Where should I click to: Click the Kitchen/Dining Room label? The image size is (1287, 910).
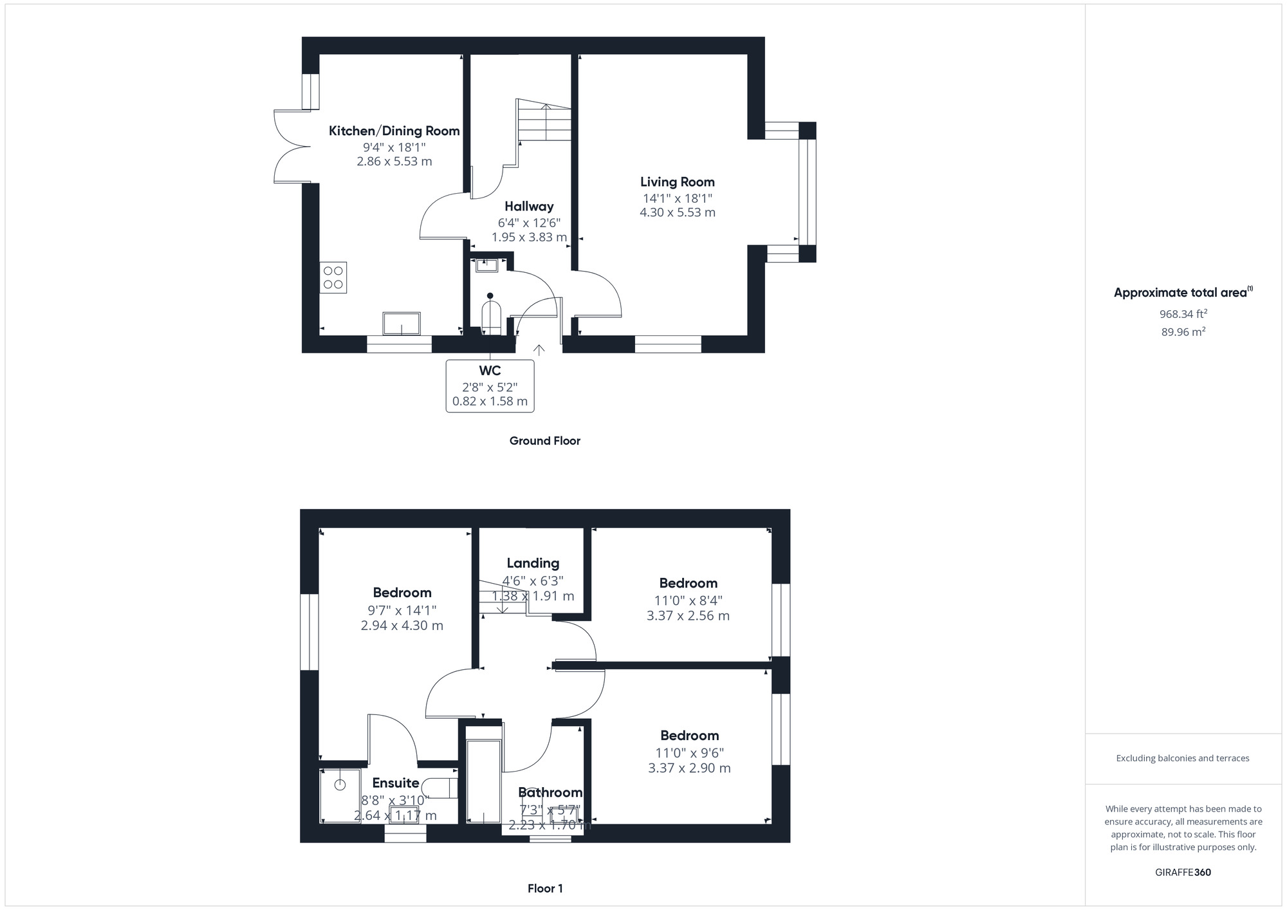[394, 131]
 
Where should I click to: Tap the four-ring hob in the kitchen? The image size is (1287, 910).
[333, 277]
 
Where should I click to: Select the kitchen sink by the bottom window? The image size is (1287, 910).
[402, 324]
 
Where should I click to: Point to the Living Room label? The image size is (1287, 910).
[677, 182]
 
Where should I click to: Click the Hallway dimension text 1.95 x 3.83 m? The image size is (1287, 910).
[529, 237]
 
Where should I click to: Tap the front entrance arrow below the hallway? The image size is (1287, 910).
[539, 350]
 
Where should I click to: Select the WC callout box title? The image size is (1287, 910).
[490, 371]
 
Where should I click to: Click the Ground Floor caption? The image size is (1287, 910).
[544, 441]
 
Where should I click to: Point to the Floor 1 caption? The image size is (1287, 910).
[545, 889]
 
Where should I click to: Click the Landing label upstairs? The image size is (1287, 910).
[533, 564]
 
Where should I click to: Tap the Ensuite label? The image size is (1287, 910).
[396, 783]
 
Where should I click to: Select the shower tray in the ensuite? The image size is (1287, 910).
[340, 796]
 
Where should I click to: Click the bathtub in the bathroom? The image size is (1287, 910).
[483, 781]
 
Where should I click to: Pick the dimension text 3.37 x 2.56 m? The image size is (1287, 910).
[688, 616]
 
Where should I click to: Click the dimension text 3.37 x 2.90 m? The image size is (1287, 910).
[689, 768]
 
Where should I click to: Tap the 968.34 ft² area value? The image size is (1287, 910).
[1183, 314]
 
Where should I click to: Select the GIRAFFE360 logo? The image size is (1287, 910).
[1183, 873]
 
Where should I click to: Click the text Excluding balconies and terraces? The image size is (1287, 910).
[1183, 758]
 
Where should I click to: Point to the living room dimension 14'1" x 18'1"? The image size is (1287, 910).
[677, 198]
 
